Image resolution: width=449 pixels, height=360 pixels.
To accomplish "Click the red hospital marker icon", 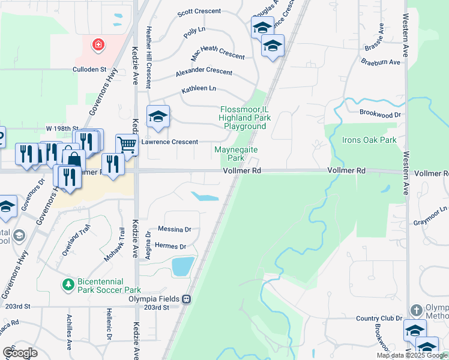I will [x=97, y=44].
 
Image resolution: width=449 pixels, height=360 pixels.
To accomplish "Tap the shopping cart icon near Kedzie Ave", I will [x=127, y=145].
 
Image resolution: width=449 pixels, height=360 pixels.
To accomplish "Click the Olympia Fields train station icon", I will [x=187, y=298].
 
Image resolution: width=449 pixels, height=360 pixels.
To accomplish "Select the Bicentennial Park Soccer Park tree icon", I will [x=70, y=283].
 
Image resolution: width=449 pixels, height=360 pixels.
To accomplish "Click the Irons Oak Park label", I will [x=369, y=140].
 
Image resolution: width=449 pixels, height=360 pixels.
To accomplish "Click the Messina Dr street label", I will [x=174, y=229].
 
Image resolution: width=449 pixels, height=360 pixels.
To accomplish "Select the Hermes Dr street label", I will [x=170, y=246].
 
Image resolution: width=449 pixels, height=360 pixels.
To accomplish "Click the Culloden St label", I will [x=89, y=70].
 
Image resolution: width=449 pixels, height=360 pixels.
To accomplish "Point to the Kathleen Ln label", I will [x=199, y=89].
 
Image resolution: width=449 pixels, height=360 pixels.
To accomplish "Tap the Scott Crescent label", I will [x=199, y=11].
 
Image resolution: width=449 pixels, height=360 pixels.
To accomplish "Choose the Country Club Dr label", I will [x=378, y=318].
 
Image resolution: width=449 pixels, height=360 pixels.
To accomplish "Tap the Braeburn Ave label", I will [x=381, y=62].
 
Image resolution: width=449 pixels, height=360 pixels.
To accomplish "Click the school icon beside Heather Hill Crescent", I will [x=158, y=116].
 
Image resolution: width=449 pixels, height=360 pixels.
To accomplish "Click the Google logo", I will [x=20, y=353].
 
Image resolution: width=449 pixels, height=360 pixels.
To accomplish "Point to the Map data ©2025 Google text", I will [x=411, y=355].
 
